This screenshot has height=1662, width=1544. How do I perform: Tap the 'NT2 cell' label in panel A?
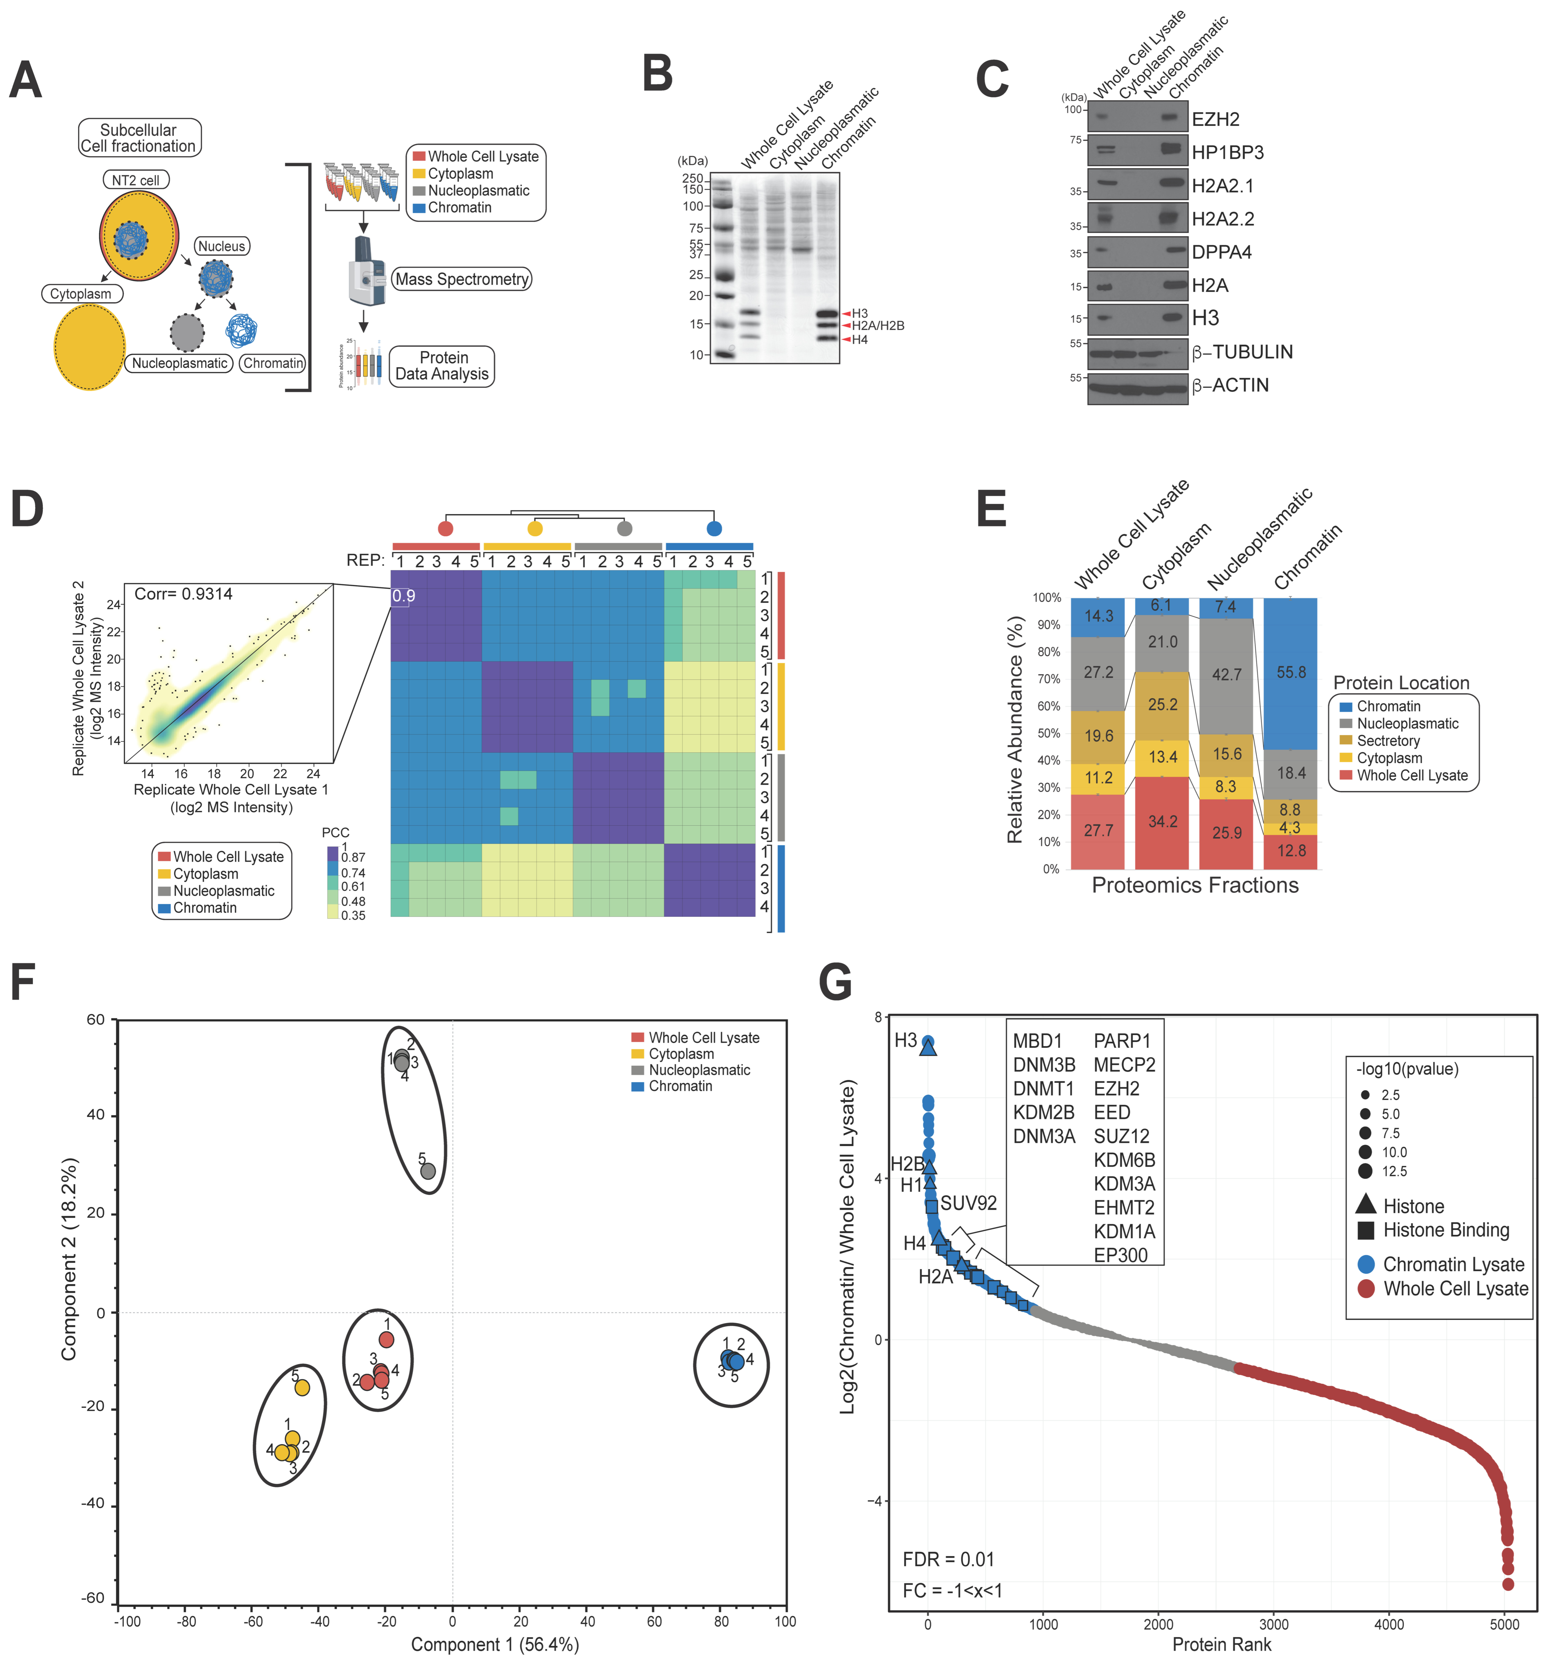pyautogui.click(x=135, y=180)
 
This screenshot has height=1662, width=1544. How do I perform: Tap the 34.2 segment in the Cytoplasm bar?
pyautogui.click(x=1162, y=821)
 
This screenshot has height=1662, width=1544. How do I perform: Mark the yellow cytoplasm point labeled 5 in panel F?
pyautogui.click(x=303, y=1388)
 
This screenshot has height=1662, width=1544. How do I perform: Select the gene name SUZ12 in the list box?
pyautogui.click(x=1121, y=1136)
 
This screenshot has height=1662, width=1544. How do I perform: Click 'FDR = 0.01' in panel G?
pyautogui.click(x=948, y=1559)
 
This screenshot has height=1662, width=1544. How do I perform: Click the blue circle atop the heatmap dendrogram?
pyautogui.click(x=714, y=528)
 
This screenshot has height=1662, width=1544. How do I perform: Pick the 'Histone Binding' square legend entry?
pyautogui.click(x=1445, y=1230)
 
